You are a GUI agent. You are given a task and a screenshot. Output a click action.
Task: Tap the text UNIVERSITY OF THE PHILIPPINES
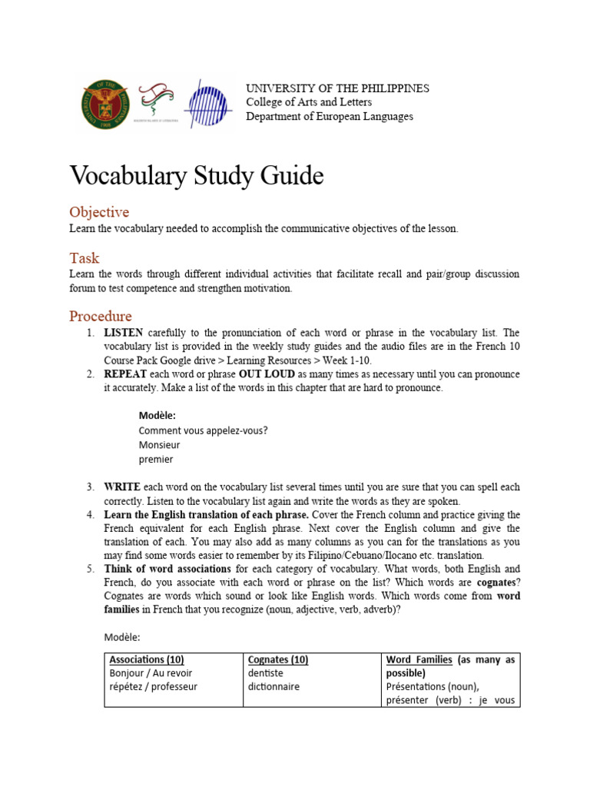(x=337, y=88)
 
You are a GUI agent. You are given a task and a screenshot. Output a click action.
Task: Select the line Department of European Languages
(x=329, y=117)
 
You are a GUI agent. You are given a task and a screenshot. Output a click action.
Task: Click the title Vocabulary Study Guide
(x=196, y=176)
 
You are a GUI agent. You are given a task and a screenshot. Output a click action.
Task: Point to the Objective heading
(x=99, y=212)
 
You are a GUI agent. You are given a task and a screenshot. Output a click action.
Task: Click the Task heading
(x=85, y=258)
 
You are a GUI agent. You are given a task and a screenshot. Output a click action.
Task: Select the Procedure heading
(x=101, y=316)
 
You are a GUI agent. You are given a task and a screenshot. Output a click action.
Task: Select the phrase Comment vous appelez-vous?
(x=203, y=430)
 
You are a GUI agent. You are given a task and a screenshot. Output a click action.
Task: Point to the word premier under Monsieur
(x=156, y=460)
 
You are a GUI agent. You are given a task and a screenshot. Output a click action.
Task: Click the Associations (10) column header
(x=147, y=659)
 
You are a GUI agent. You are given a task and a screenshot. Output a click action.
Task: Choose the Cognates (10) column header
(x=277, y=659)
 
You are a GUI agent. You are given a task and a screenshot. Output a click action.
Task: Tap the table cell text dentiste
(x=266, y=673)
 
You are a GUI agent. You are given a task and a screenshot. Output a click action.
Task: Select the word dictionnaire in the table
(x=273, y=686)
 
